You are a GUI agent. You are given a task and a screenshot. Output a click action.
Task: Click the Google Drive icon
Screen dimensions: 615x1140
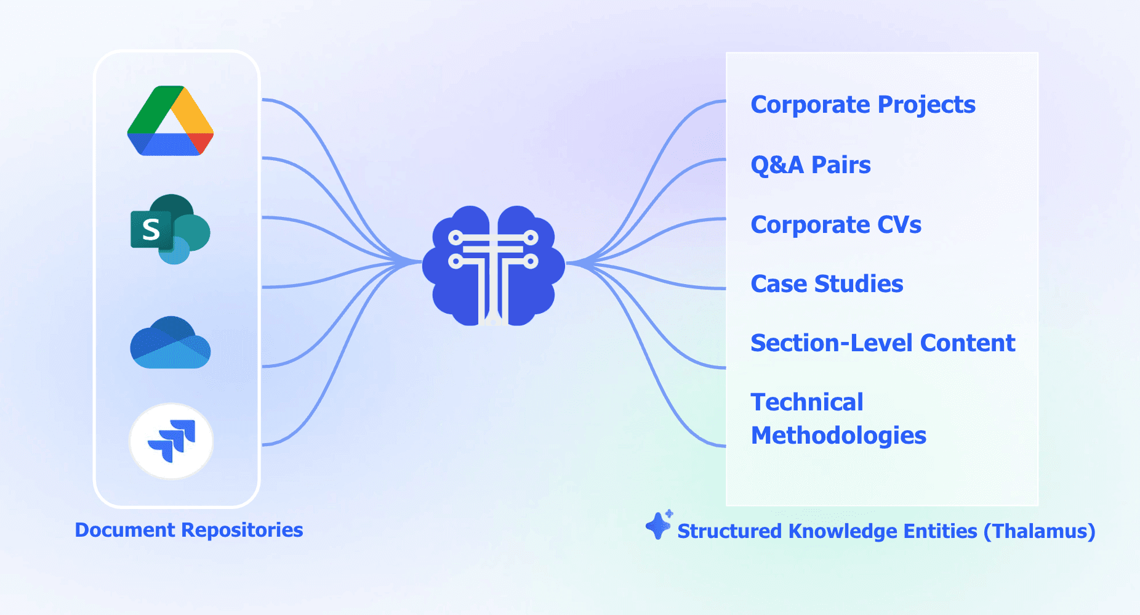171,121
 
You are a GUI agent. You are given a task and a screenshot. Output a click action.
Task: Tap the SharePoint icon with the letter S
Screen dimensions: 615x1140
171,229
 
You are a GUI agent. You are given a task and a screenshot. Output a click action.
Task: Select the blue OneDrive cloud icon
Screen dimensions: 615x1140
171,343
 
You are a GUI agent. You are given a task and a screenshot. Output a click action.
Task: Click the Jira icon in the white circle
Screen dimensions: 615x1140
171,441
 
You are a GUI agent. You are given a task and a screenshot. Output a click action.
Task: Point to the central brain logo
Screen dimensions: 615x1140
493,266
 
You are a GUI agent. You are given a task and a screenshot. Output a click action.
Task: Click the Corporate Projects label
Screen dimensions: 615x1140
863,105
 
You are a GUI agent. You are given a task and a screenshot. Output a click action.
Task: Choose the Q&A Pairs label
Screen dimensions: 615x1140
811,165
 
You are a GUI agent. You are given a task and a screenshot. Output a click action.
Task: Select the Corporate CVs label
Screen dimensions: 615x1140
836,225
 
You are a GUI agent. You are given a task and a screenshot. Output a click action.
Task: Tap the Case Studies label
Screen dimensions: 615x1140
827,284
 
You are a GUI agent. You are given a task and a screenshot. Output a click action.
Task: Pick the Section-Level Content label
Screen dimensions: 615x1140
883,343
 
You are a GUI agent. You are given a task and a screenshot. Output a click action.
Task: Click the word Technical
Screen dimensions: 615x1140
807,402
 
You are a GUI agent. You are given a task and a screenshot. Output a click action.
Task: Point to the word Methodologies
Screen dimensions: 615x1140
838,436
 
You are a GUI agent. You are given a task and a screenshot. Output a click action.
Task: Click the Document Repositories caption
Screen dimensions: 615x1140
189,530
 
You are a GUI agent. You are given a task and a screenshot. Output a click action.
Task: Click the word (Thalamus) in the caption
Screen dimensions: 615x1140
1039,531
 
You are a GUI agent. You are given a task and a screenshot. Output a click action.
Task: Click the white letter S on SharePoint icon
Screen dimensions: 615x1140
151,230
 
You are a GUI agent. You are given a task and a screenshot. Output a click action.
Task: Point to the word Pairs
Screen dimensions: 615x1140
841,165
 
